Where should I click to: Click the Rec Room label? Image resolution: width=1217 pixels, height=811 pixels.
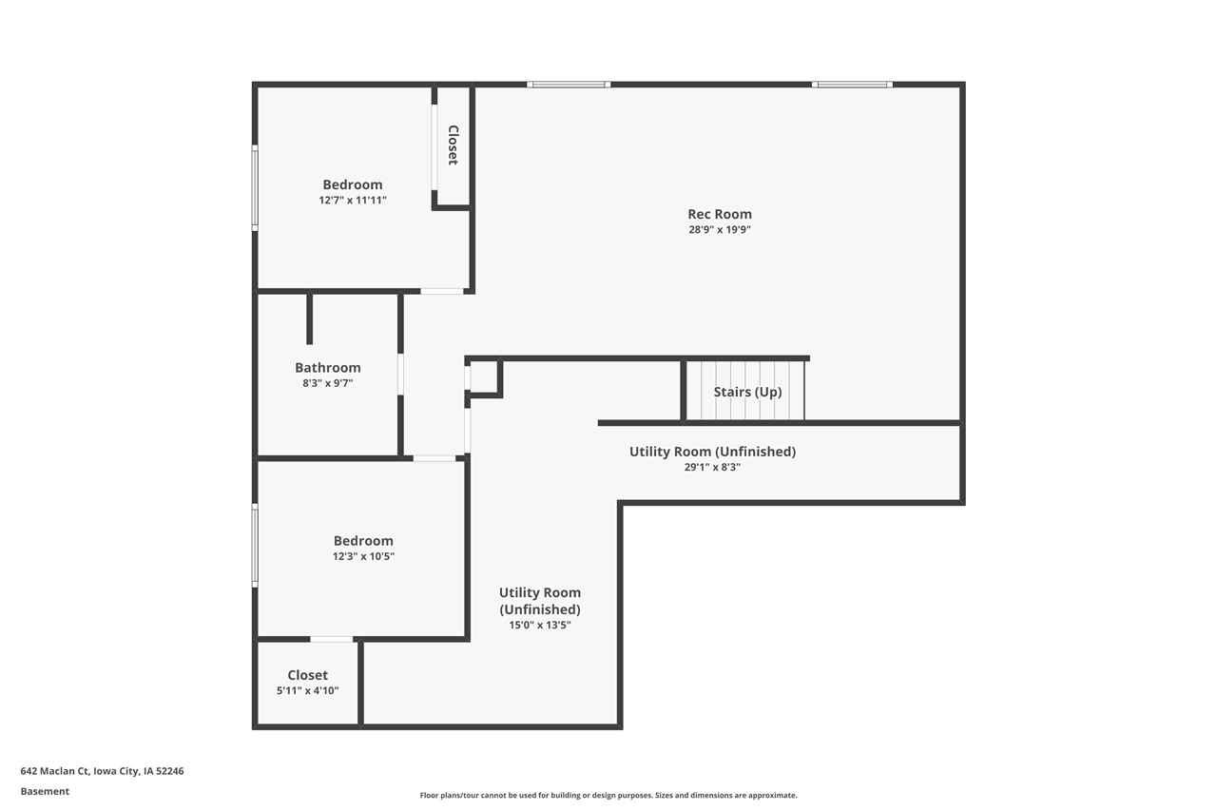(719, 214)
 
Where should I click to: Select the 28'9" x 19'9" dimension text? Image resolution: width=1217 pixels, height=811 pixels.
(719, 230)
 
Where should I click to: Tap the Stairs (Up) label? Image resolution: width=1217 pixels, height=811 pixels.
(747, 392)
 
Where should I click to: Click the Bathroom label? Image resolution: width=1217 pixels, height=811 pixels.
(327, 368)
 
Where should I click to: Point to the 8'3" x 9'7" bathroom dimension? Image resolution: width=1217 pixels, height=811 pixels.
(327, 383)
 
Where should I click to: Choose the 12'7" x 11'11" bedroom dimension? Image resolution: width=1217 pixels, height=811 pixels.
(352, 201)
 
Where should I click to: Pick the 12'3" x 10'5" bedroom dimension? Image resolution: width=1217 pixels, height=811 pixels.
(362, 556)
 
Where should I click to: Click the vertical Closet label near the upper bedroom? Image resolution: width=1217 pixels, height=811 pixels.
(454, 145)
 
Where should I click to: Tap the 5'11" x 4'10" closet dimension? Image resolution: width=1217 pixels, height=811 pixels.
(307, 691)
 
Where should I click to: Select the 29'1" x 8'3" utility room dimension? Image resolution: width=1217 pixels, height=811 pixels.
(712, 467)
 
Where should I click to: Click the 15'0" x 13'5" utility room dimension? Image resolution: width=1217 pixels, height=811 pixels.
(539, 625)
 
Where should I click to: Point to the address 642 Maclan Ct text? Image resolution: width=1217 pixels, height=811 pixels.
(102, 771)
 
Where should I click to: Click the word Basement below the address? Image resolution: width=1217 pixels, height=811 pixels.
(45, 791)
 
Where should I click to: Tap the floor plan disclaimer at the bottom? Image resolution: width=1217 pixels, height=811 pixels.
(608, 795)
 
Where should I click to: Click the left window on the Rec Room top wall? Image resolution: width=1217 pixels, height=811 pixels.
(569, 85)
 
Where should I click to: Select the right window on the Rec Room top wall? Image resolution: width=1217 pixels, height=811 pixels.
(852, 85)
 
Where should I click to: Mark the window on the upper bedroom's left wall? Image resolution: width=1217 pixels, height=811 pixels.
(255, 187)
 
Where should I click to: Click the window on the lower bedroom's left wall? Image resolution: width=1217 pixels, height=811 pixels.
(255, 545)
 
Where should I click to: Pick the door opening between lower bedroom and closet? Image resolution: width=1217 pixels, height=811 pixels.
(331, 639)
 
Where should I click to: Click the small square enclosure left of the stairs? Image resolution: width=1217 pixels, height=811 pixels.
(484, 377)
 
